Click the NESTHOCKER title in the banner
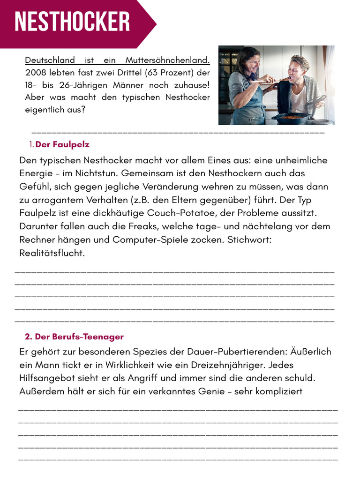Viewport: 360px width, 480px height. pyautogui.click(x=72, y=22)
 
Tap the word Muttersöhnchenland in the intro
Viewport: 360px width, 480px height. pyautogui.click(x=167, y=60)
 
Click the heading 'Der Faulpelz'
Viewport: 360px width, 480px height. pyautogui.click(x=62, y=144)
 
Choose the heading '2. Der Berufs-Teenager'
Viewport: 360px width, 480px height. pyautogui.click(x=74, y=337)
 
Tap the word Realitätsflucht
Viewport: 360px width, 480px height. pyautogui.click(x=52, y=253)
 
